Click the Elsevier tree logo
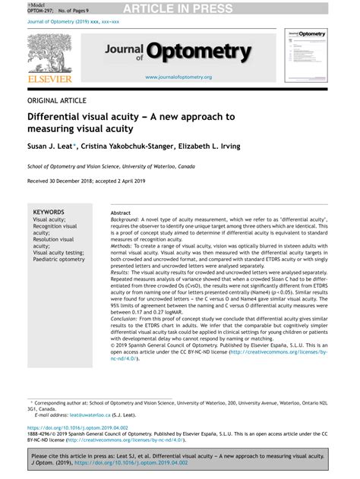click(x=49, y=52)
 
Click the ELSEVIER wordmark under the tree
click(x=49, y=77)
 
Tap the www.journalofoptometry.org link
click(x=178, y=77)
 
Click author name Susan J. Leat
click(x=49, y=144)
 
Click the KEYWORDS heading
click(x=49, y=213)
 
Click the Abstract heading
click(x=120, y=213)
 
